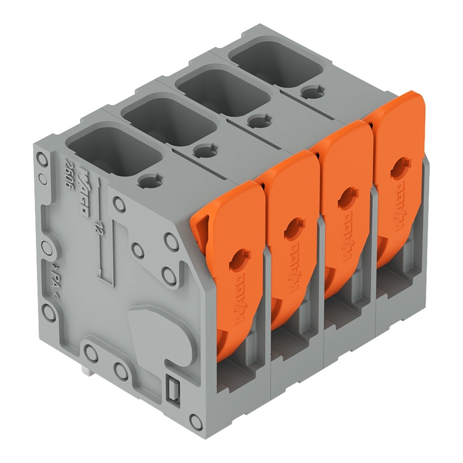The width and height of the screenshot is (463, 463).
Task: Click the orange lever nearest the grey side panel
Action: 229,259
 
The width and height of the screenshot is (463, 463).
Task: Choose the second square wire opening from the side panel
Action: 169,119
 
